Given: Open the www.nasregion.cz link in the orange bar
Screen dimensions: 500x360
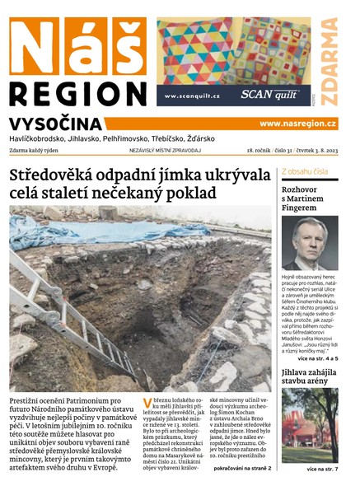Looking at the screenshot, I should [297, 124].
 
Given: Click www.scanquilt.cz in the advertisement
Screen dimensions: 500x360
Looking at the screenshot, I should [192, 96].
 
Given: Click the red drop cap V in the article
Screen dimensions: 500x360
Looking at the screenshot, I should [147, 404].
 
